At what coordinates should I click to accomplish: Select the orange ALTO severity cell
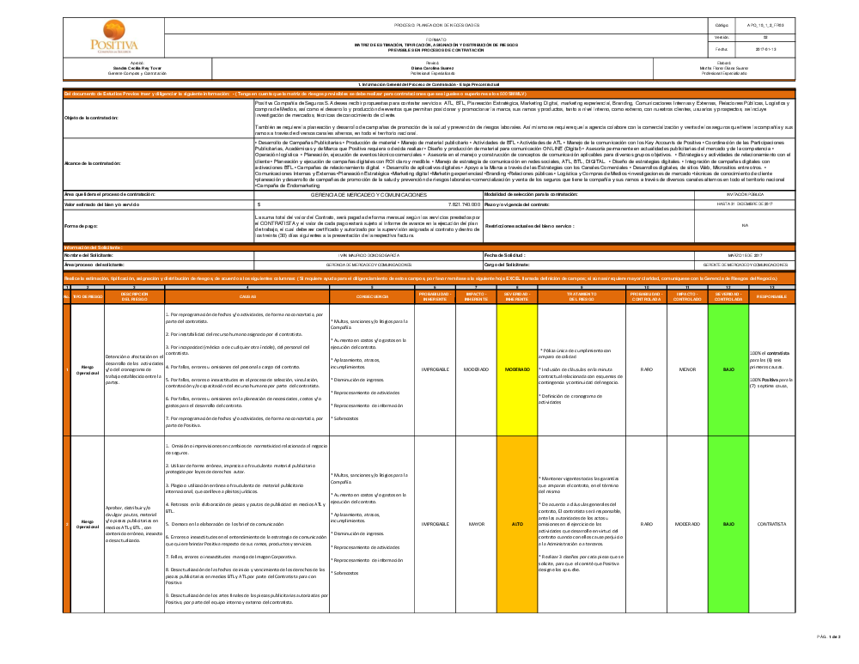coord(516,523)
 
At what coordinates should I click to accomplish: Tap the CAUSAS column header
coord(247,295)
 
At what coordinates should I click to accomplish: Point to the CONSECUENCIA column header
coord(371,295)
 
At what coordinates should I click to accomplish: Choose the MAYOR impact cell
coord(476,523)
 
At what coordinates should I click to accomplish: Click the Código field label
coord(721,27)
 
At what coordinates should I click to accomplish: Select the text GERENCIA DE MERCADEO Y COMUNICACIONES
coord(369,195)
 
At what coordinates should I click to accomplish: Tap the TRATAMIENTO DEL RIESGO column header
coord(581,295)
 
